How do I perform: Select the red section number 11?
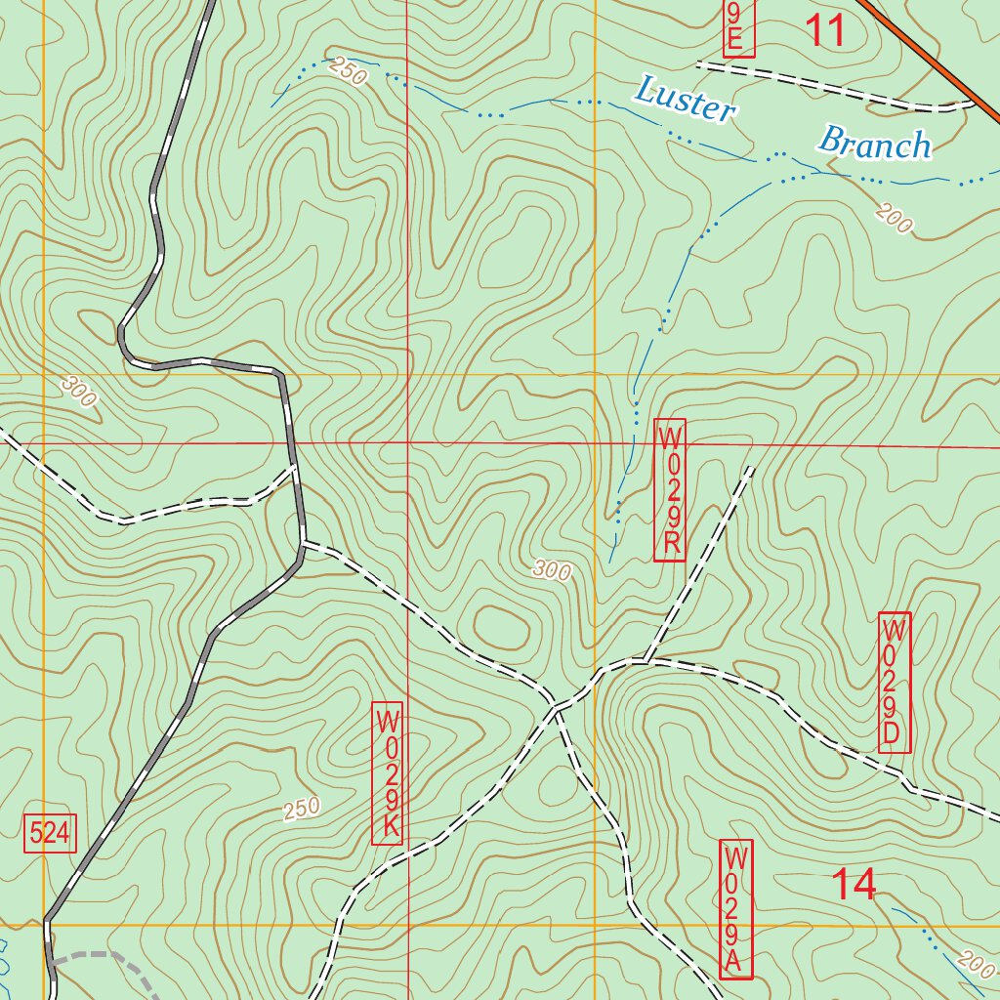pos(825,31)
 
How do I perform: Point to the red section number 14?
pos(854,885)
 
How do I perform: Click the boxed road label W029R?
pos(670,490)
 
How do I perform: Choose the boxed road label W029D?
pos(895,683)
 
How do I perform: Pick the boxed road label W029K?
pos(388,774)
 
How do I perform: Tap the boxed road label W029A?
pos(736,909)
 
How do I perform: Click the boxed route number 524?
pos(50,833)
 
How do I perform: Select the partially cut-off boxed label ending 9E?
pos(738,27)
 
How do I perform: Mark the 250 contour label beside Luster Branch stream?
pos(348,71)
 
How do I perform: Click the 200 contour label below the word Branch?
pos(895,219)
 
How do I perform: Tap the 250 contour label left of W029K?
pos(302,810)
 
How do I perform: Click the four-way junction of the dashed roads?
pos(556,707)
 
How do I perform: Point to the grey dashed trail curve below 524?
pos(107,957)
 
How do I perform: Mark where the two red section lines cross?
pos(408,443)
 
